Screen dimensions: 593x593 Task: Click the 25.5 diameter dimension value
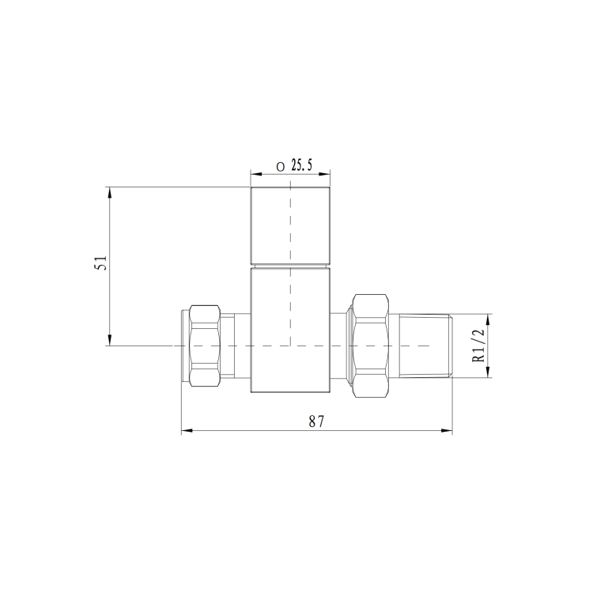tap(302, 165)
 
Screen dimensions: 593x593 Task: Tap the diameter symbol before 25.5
tap(280, 166)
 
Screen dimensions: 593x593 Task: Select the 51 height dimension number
tap(100, 263)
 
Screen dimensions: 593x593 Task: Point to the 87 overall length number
tap(317, 421)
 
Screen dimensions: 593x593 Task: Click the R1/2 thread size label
tap(478, 346)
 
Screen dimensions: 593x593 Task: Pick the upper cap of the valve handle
tap(290, 225)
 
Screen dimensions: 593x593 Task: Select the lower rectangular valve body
tap(290, 330)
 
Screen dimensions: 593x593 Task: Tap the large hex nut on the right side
tap(371, 346)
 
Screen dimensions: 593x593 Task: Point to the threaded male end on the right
tap(425, 346)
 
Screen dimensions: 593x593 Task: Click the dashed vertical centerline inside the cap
tap(290, 229)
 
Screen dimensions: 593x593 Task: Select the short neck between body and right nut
tap(340, 346)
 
